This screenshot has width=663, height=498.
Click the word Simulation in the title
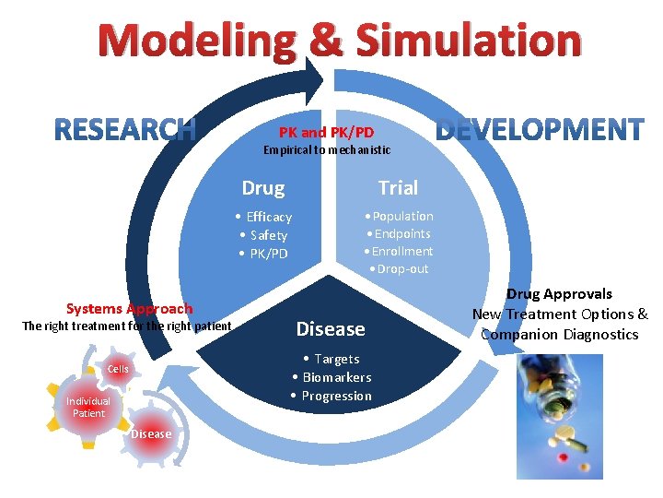coord(468,42)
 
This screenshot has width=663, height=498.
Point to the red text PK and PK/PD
coord(327,132)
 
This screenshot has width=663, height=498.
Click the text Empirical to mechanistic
coord(327,149)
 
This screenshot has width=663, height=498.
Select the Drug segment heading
coord(263,188)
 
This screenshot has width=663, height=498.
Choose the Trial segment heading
coord(398,187)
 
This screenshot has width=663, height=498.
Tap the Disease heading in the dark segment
coord(331,329)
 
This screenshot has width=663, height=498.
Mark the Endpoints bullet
coord(401,233)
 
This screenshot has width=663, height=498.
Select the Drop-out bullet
coord(401,268)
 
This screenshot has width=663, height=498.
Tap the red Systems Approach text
coord(130,309)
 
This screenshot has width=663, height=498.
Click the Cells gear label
coord(118,369)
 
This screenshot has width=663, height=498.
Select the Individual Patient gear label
coord(88,407)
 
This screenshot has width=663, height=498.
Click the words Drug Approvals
coord(559,294)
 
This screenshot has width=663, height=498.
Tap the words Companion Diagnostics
coord(559,334)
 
